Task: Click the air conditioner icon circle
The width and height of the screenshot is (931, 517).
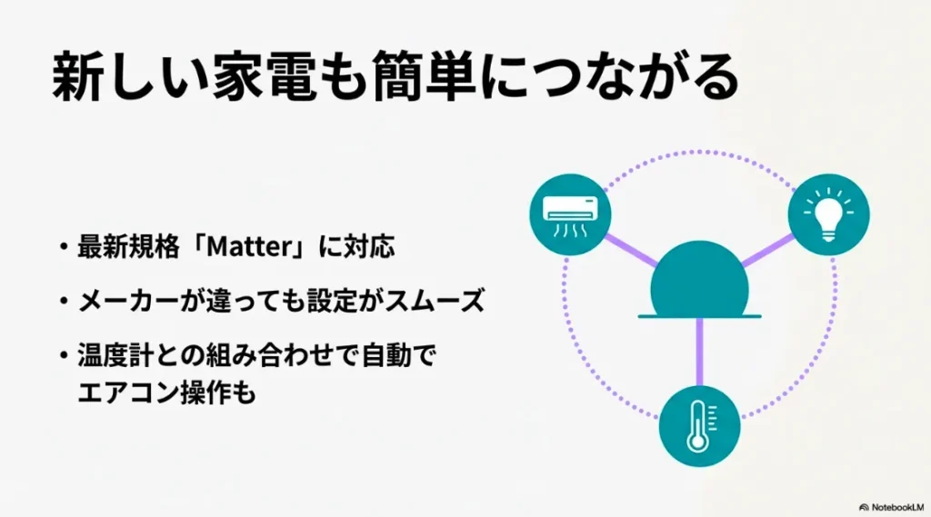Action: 570,214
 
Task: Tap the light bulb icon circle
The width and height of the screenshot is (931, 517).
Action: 828,214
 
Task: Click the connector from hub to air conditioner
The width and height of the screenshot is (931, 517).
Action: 632,249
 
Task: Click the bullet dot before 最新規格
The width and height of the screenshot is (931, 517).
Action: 62,248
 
